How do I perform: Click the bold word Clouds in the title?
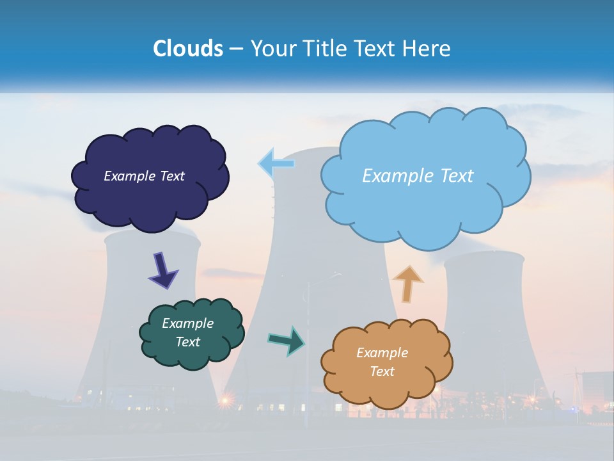(188, 49)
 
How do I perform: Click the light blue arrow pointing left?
(276, 163)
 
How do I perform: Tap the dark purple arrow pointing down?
(162, 270)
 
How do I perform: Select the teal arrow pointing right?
(287, 340)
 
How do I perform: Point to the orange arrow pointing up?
(407, 284)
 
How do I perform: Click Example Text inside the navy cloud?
(144, 176)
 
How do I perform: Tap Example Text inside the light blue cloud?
(418, 176)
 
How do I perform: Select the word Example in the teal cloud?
(187, 323)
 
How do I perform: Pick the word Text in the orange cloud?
(382, 371)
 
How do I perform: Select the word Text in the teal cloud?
(187, 342)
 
